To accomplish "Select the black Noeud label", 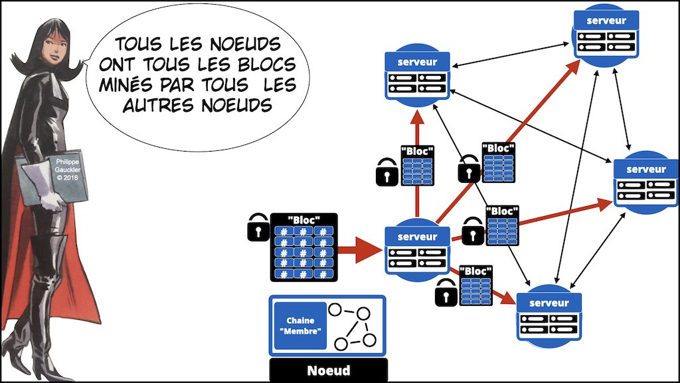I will coord(328,370).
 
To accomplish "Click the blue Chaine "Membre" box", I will coord(300,325).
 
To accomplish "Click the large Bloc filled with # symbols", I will coord(303,247).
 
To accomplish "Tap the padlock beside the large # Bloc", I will coord(258,227).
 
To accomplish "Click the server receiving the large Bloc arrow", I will coord(417,250).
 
